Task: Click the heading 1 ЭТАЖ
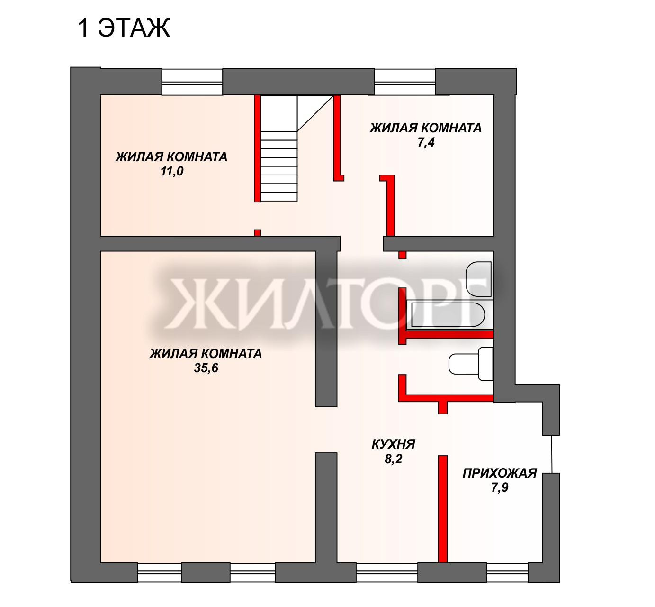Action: [123, 28]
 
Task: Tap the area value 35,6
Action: [206, 368]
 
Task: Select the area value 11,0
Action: [171, 172]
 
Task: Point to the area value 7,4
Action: [426, 143]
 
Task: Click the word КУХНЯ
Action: [393, 444]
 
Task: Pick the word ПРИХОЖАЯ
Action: [499, 473]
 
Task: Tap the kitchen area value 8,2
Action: [393, 459]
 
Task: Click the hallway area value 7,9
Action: [499, 487]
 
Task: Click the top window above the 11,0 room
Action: [192, 82]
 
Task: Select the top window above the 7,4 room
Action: [405, 82]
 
